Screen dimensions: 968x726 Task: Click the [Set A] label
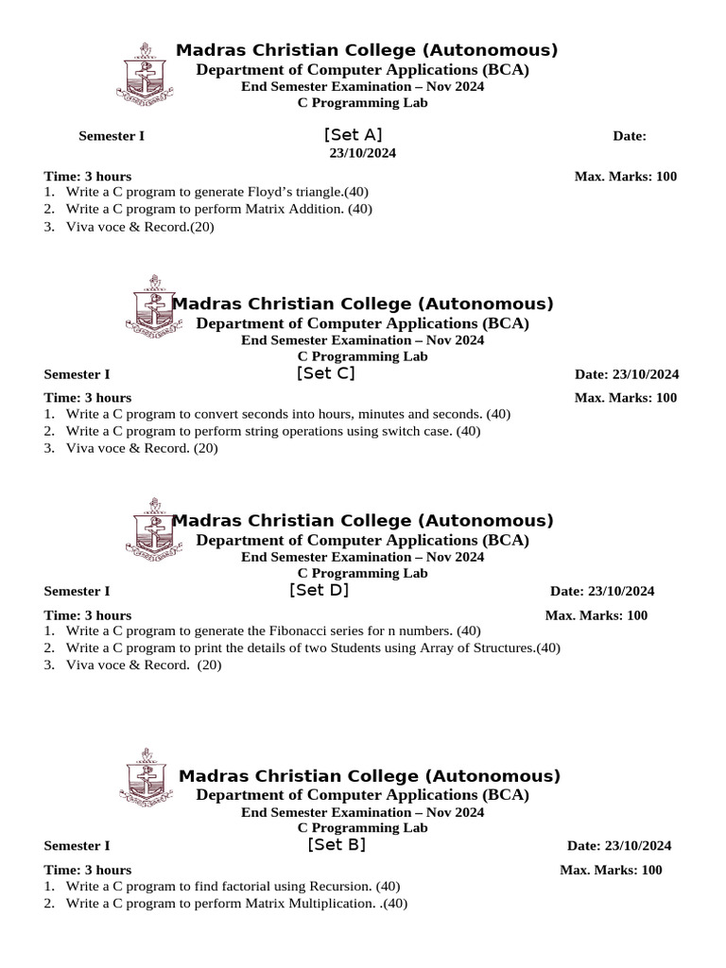point(353,135)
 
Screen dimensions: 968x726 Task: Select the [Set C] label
point(325,373)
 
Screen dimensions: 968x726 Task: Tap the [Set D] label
point(319,591)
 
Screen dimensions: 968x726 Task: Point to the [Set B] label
point(336,845)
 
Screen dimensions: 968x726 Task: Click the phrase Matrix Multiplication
point(308,904)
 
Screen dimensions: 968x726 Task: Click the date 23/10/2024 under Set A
point(362,152)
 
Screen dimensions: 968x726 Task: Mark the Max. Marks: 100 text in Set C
point(625,398)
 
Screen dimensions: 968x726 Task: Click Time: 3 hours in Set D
point(87,615)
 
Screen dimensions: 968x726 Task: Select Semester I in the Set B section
point(77,846)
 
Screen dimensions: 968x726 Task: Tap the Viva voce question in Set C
point(141,448)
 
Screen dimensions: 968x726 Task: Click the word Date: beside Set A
point(629,136)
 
